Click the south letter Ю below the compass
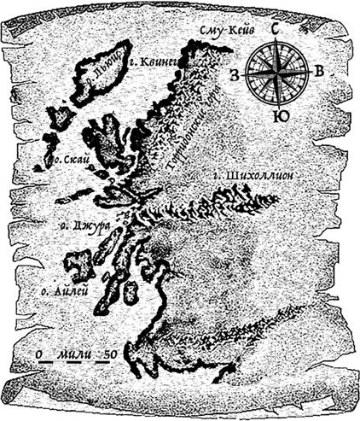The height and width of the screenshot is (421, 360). click(276, 116)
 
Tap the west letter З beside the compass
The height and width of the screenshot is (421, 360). click(234, 74)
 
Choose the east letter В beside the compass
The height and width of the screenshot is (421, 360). click(318, 73)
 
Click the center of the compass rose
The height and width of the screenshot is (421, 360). click(276, 73)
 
